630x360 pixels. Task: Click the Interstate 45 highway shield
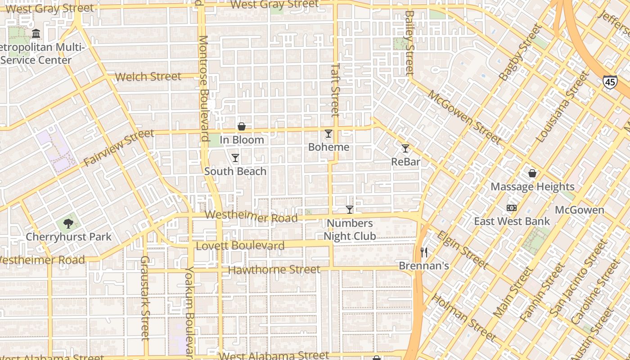[x=610, y=81]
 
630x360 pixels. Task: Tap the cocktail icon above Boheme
[x=328, y=134]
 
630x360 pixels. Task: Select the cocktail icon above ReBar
[x=405, y=148]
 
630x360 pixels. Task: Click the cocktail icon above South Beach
[x=235, y=157]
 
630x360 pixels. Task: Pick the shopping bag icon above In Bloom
[x=242, y=126]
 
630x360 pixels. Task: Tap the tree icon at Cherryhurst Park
[x=68, y=223]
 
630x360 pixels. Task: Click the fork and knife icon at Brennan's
[x=423, y=252]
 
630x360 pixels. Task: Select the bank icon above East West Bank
[x=512, y=208]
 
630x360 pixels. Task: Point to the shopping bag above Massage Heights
[x=532, y=173]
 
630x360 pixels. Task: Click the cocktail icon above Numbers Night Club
[x=350, y=209]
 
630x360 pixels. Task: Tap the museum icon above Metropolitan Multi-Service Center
[x=36, y=34]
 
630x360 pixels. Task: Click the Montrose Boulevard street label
[x=204, y=88]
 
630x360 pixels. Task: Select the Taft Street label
[x=335, y=89]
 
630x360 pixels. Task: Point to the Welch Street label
[x=148, y=76]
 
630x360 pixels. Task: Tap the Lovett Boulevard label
[x=240, y=246]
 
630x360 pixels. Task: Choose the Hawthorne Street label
[x=274, y=270]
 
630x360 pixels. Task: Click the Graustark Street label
[x=144, y=297]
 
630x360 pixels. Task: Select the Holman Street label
[x=464, y=317]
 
